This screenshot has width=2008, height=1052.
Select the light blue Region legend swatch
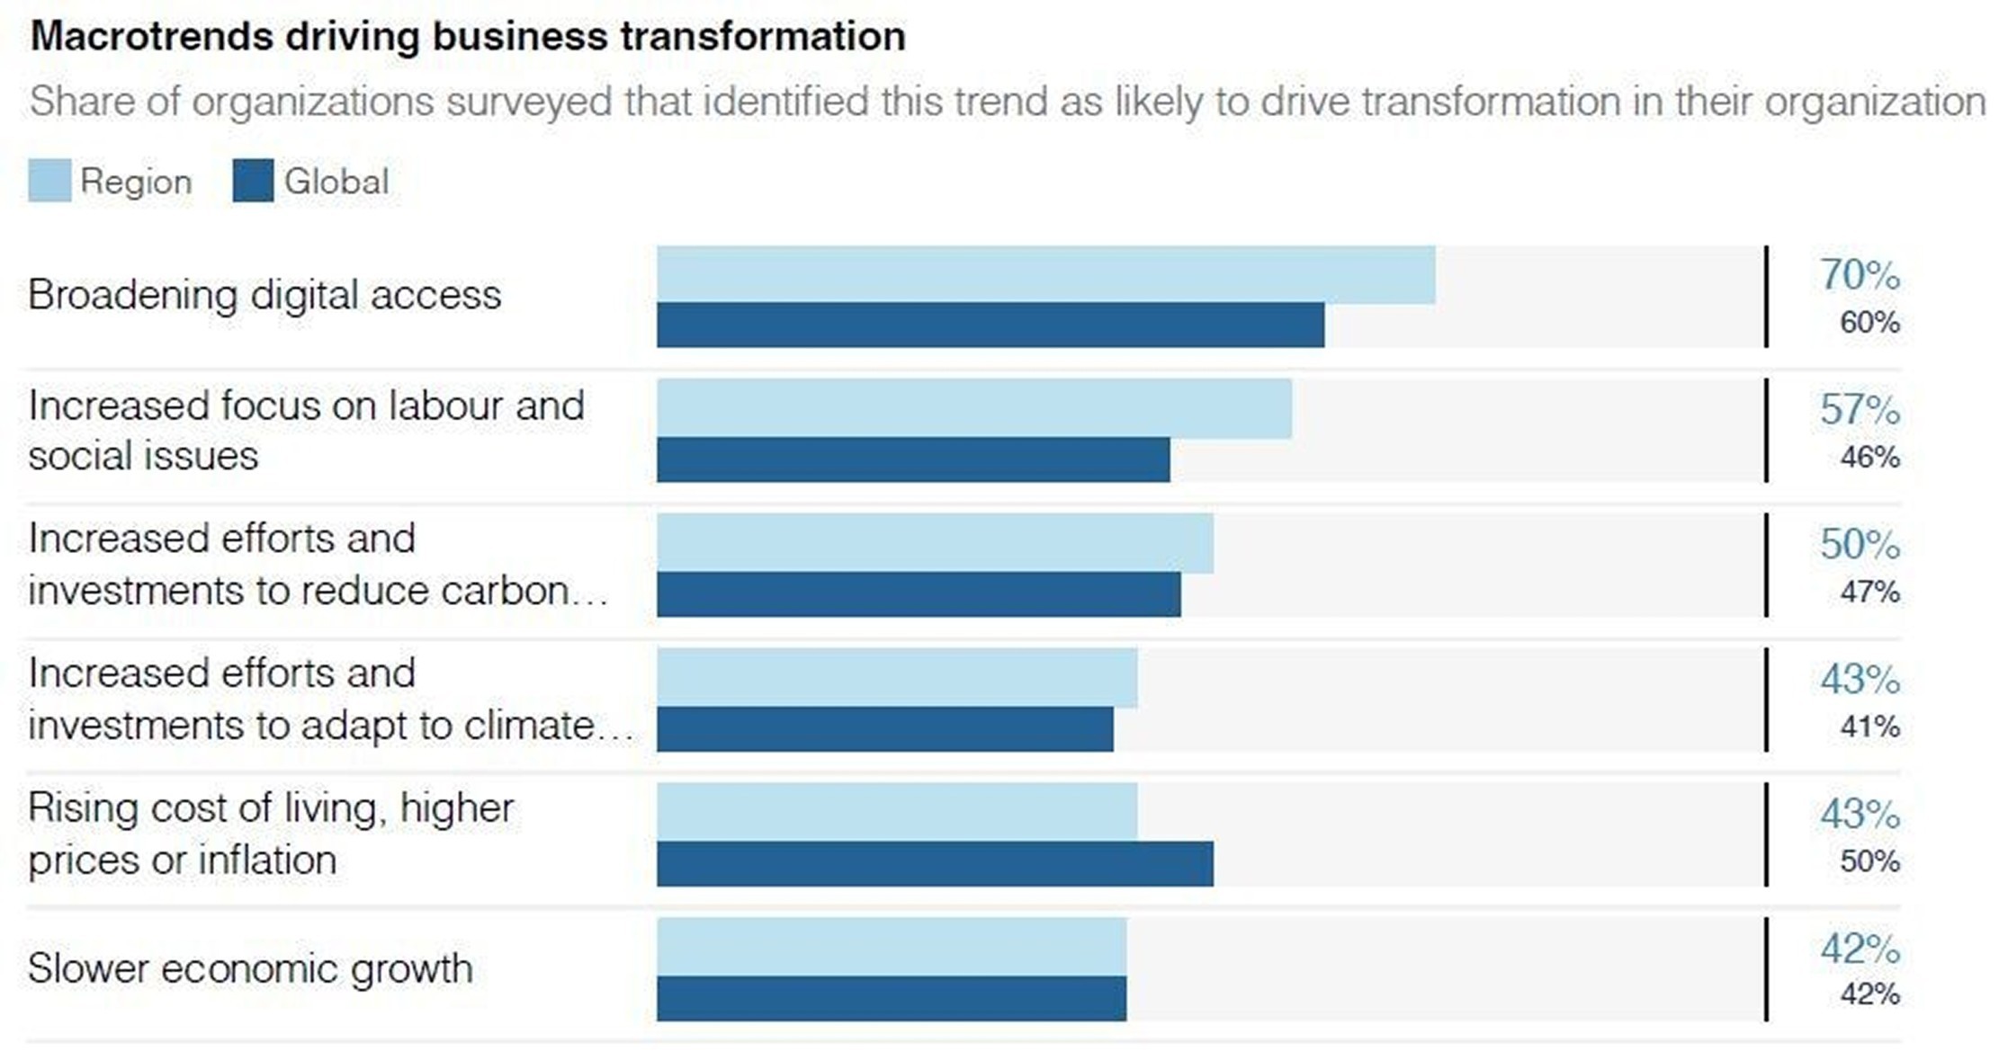coord(49,181)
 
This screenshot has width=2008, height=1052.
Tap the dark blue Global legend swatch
coord(253,181)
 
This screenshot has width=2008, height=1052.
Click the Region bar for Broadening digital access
coord(1045,274)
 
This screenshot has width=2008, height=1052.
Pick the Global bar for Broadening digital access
coord(990,325)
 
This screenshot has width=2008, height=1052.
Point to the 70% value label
coord(1860,275)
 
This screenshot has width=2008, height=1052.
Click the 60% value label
coord(1869,322)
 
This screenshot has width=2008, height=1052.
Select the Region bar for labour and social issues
coord(974,409)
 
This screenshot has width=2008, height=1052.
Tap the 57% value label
coord(1860,410)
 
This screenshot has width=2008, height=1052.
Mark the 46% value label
coord(1869,457)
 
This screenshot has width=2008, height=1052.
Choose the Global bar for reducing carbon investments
coord(919,594)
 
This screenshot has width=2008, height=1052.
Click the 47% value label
coord(1869,592)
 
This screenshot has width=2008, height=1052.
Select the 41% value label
coord(1869,726)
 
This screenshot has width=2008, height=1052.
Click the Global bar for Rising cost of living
coord(935,864)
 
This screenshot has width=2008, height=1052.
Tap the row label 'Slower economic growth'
coord(250,969)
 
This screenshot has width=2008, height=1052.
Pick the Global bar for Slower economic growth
coord(892,998)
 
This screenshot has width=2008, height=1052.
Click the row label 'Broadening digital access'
coord(264,295)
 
